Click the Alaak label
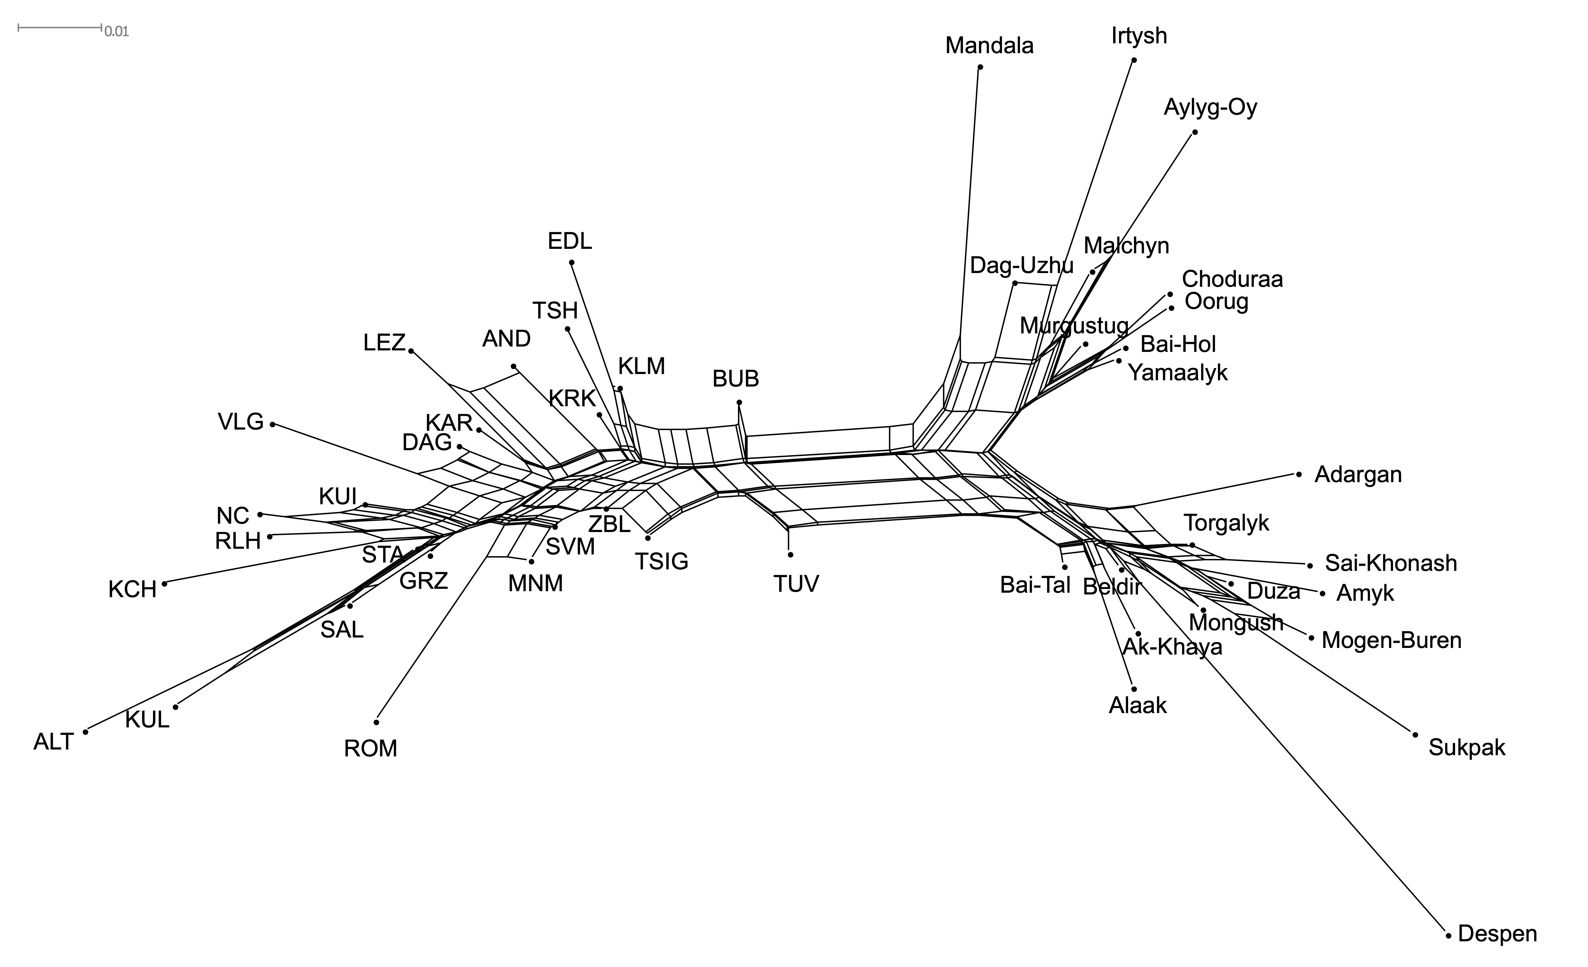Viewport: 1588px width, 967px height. (1138, 705)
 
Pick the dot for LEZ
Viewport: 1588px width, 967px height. (411, 351)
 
